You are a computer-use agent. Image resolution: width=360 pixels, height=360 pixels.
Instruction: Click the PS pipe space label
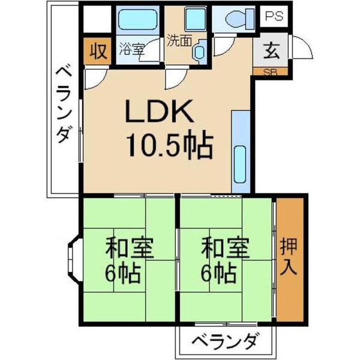[274, 16]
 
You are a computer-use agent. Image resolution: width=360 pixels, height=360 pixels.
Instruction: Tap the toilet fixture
[240, 19]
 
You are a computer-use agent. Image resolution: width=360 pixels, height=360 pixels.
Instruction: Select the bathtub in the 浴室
[137, 20]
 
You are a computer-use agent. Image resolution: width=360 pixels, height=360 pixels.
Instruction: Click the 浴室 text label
[131, 49]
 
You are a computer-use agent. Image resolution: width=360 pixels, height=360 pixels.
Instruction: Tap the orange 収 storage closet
[98, 51]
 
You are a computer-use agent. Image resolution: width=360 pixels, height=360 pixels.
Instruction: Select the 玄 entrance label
[271, 51]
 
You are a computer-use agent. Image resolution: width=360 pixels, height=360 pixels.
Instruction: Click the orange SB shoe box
[270, 71]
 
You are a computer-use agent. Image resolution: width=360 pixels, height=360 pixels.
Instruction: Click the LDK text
[159, 111]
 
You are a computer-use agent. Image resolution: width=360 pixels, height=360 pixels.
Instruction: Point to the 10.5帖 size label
[169, 145]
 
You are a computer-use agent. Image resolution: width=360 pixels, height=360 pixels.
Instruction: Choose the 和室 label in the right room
[225, 248]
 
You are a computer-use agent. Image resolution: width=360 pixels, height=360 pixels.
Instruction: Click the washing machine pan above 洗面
[196, 20]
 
